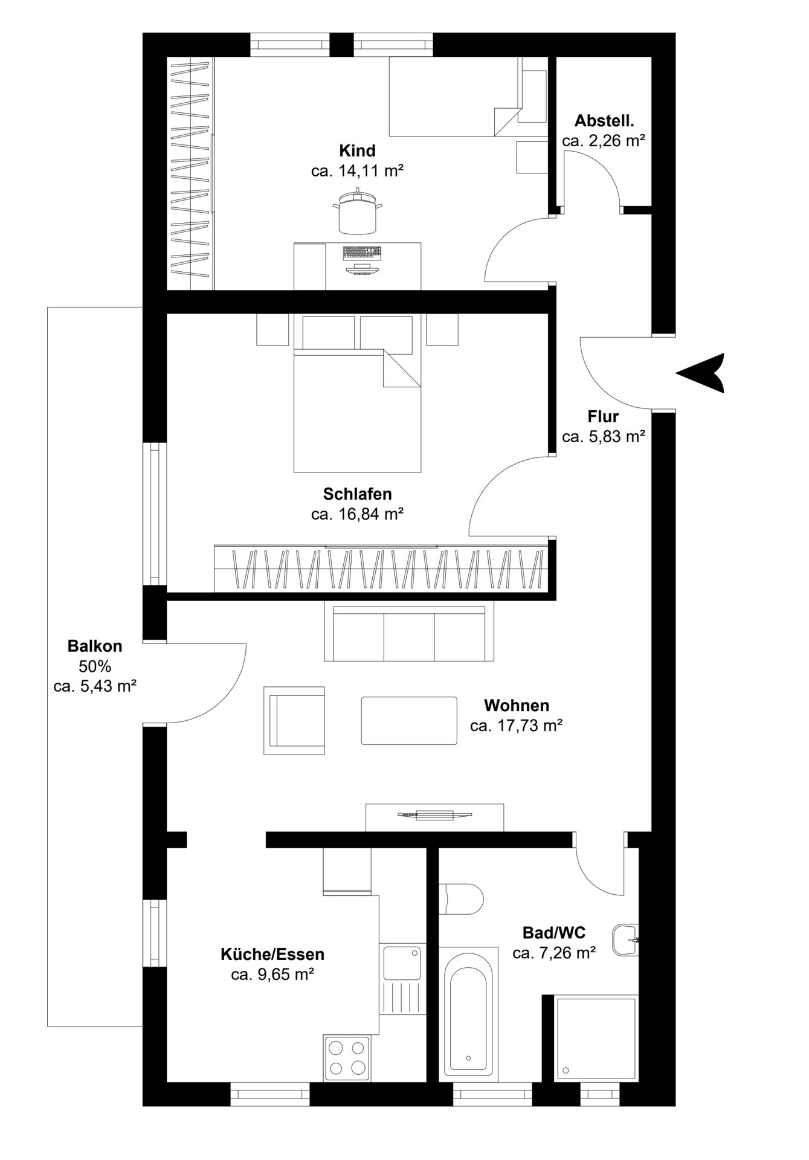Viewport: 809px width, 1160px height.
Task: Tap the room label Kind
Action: tap(357, 150)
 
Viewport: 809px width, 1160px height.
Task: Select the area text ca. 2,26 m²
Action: tap(604, 141)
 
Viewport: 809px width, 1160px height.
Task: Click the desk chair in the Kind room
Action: tap(357, 211)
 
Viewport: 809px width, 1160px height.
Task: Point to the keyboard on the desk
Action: tap(362, 252)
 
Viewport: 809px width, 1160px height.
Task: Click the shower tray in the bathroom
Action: tap(596, 1039)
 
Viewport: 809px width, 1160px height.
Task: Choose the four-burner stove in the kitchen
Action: tap(347, 1058)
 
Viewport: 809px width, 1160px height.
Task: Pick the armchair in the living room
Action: tap(294, 721)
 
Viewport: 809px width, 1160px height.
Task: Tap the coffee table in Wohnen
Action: tap(409, 721)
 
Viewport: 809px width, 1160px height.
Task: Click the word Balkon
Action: tap(95, 646)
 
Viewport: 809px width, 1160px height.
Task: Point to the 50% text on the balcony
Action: tap(95, 666)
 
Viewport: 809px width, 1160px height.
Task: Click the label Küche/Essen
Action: tap(272, 954)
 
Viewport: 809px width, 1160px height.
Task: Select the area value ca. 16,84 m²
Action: tap(357, 514)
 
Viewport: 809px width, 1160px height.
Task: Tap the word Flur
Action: tap(603, 416)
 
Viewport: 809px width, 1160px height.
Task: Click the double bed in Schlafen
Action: tap(357, 410)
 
